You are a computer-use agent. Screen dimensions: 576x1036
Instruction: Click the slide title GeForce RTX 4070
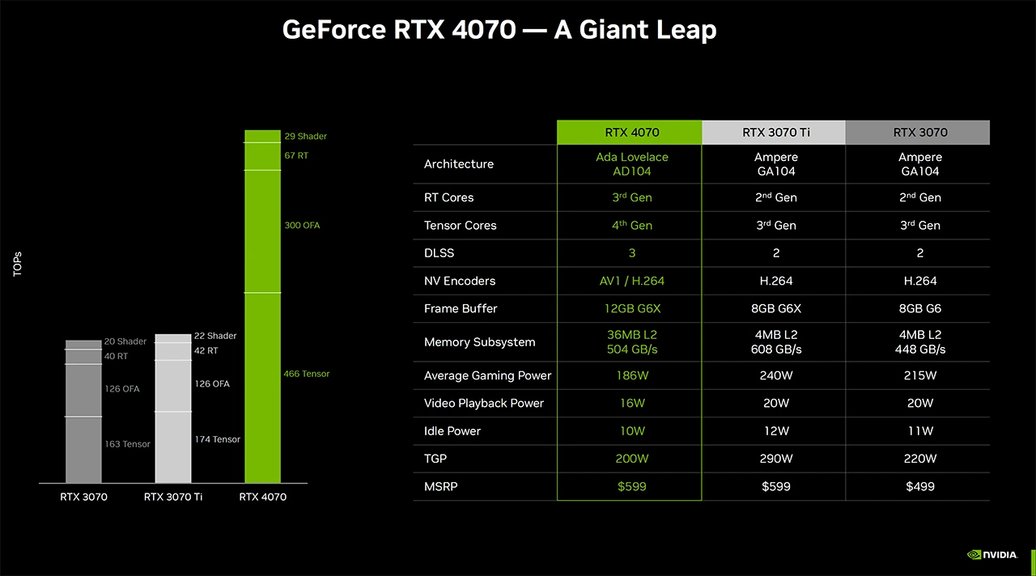coord(499,30)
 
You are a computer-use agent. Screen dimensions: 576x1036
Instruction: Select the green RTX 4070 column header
coord(631,133)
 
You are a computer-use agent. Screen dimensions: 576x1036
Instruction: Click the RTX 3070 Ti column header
coord(775,133)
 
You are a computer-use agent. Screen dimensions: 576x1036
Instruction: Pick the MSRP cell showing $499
coord(919,486)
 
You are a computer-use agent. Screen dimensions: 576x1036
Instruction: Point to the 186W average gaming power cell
coord(631,375)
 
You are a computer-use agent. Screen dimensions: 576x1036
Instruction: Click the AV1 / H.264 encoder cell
coord(631,281)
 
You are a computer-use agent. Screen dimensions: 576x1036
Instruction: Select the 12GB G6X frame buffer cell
coord(631,308)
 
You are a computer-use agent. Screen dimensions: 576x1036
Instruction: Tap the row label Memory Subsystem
coord(479,342)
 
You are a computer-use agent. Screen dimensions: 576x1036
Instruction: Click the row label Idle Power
coord(452,431)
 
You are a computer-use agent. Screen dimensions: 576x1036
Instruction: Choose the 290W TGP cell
coord(775,459)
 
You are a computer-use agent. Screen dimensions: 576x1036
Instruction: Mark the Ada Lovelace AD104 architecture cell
coord(631,164)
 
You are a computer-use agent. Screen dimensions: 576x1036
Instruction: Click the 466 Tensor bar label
coord(306,374)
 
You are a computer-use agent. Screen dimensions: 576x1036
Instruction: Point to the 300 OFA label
coord(302,225)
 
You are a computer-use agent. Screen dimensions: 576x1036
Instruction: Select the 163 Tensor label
coord(127,444)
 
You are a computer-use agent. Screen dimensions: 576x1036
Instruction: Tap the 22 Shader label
coord(215,336)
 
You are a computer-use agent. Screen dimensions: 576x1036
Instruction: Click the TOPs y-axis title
coord(18,264)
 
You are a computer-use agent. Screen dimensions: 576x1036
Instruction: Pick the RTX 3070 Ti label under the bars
coord(172,497)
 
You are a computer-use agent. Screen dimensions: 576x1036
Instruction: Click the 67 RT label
coord(295,155)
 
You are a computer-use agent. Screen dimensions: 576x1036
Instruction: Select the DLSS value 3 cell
coord(631,253)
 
